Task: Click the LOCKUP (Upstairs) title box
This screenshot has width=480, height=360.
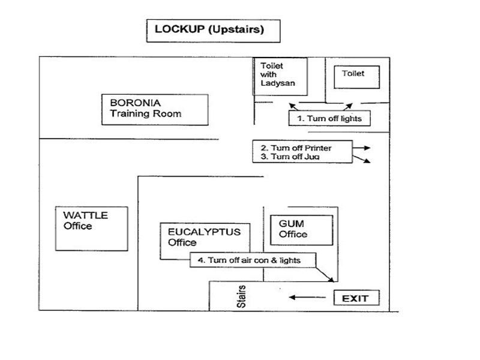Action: (x=213, y=30)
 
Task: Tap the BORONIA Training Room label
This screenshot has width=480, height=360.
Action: (x=155, y=109)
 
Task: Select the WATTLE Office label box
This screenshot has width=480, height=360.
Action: (x=91, y=229)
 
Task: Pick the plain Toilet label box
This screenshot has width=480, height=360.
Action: (x=356, y=77)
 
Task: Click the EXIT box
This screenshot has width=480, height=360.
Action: (x=356, y=298)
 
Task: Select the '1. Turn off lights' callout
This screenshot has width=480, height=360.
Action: (x=329, y=118)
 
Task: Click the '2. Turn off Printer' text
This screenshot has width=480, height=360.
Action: (x=296, y=148)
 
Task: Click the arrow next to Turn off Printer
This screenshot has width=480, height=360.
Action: (x=362, y=148)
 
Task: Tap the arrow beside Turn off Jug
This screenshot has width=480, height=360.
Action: (x=362, y=158)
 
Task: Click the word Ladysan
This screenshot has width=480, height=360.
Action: (x=278, y=83)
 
